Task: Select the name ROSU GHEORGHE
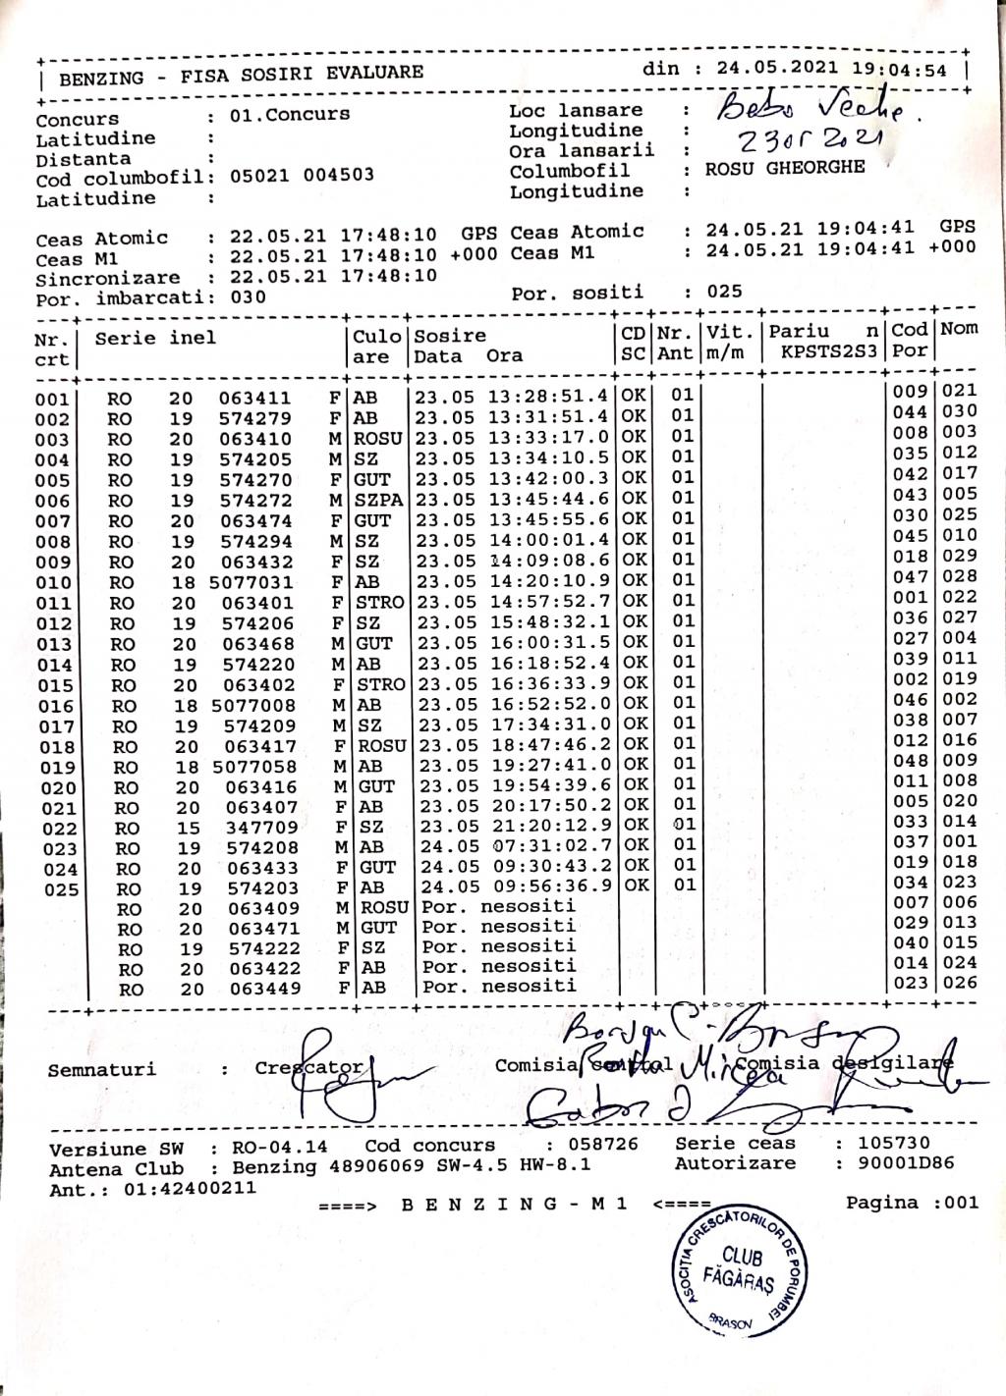click(x=785, y=168)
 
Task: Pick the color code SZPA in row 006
click(x=378, y=500)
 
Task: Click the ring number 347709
click(x=261, y=828)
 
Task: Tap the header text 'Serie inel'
click(x=155, y=339)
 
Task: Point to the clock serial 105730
click(x=893, y=1143)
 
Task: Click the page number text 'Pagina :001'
click(x=912, y=1203)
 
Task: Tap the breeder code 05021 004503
click(x=302, y=176)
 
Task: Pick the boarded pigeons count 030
click(x=248, y=297)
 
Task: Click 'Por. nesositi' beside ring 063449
click(x=499, y=986)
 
